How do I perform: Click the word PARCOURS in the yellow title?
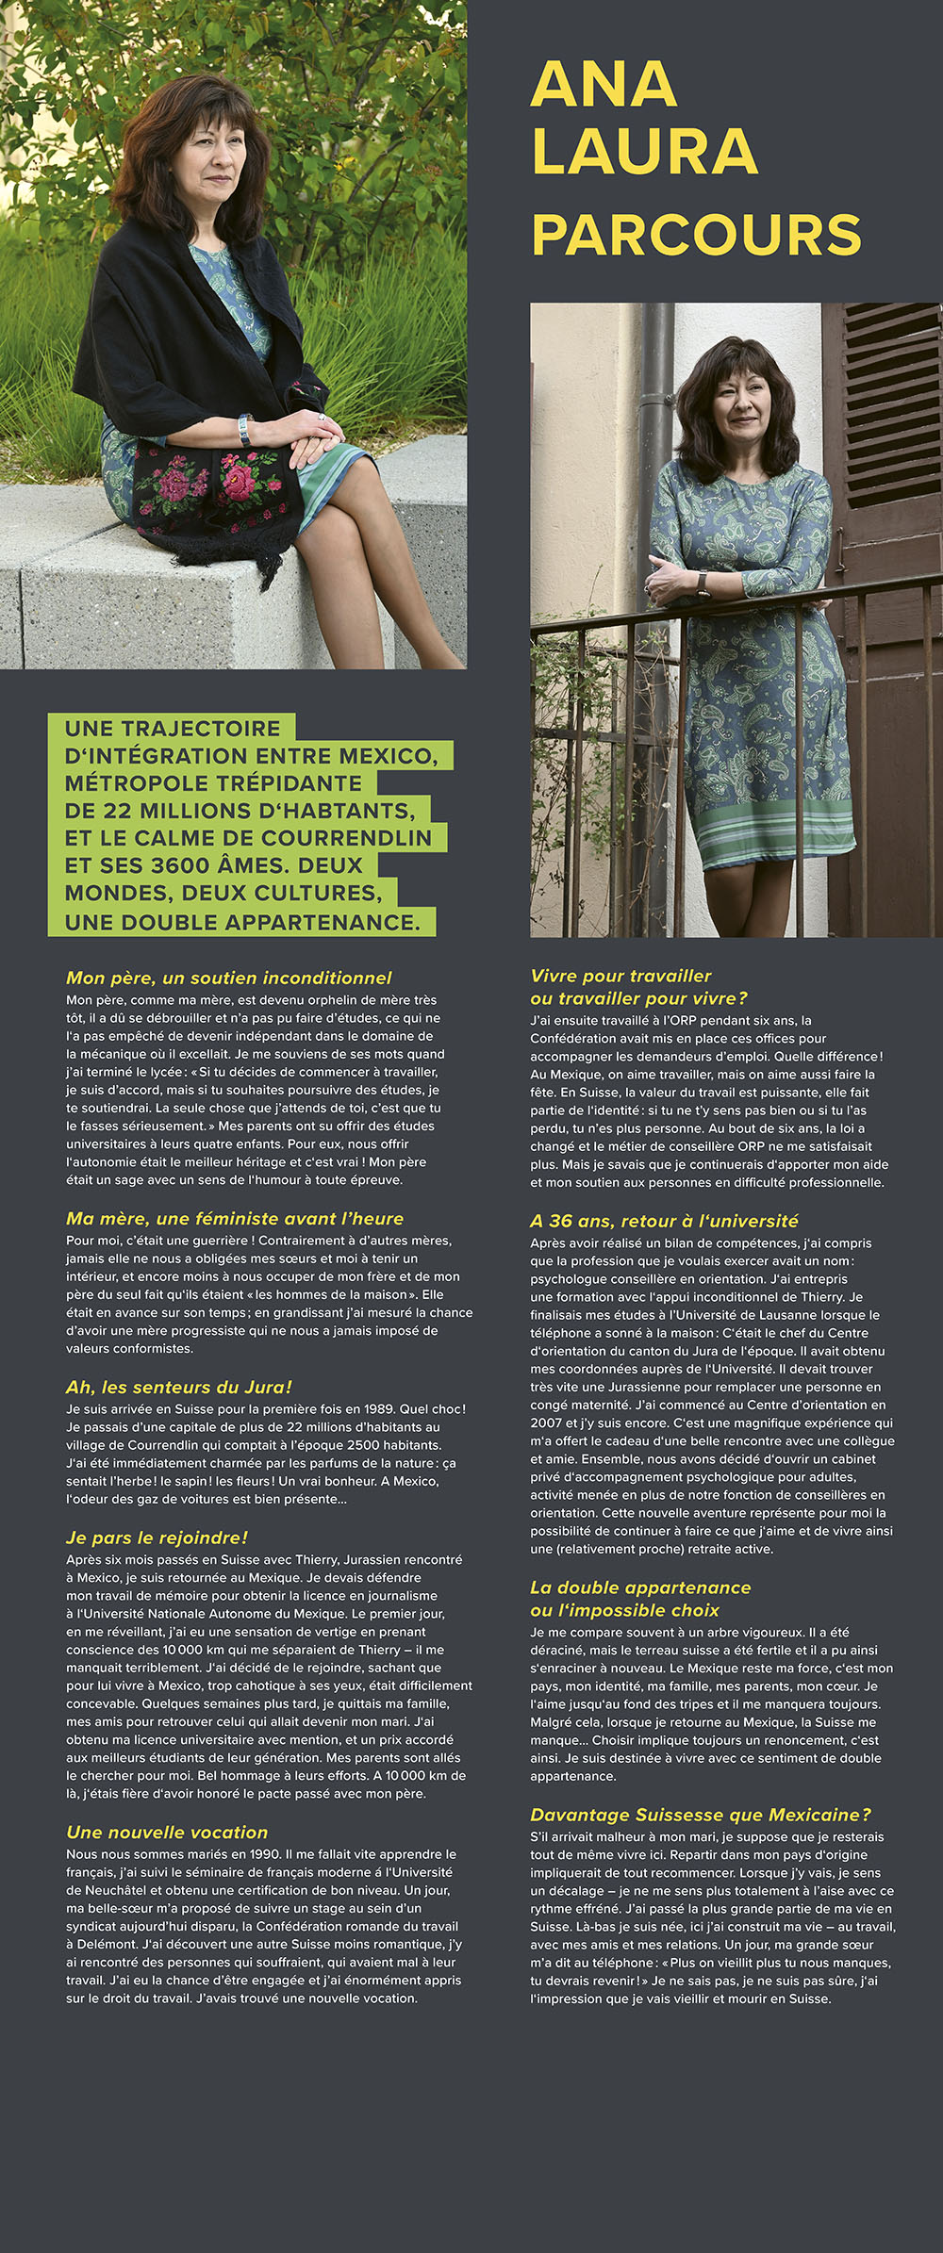(696, 235)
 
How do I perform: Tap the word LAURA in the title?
(645, 152)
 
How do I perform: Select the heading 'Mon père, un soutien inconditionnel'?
(228, 978)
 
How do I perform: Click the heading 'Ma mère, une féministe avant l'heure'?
(234, 1218)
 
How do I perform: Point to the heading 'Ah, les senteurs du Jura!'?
(178, 1387)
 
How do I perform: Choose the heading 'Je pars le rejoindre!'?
(157, 1538)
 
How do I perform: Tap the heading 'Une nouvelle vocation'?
(167, 1832)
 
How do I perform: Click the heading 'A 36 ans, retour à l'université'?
(664, 1221)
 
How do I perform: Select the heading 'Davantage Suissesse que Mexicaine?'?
(700, 1815)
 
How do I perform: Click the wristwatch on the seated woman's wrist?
(244, 430)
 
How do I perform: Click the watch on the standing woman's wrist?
(703, 584)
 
